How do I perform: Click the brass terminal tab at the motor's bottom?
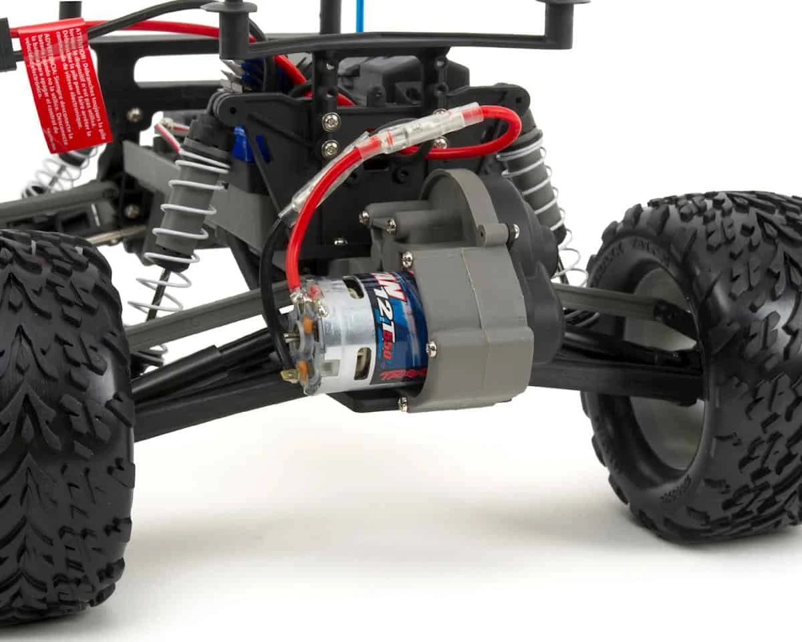pyautogui.click(x=289, y=375)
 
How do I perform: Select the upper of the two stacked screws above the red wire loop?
pyautogui.click(x=331, y=122)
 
